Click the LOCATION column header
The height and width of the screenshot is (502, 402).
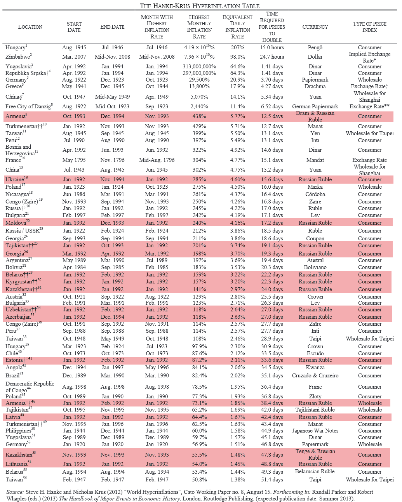pos(30,27)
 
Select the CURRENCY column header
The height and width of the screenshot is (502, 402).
pos(315,27)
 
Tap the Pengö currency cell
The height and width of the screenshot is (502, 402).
pos(315,47)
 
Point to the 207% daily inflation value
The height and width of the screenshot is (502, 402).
pos(237,47)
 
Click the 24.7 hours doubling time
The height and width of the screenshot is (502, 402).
pos(272,57)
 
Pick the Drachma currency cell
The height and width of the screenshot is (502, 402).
pos(315,86)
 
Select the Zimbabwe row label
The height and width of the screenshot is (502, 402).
pos(18,57)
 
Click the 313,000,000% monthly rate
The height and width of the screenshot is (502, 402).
pos(199,66)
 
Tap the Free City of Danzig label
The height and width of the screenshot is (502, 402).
pos(28,106)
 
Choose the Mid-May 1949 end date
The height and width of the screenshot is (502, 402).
pos(112,97)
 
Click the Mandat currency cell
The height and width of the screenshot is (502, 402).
pos(315,160)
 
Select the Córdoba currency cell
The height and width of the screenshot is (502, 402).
pos(315,194)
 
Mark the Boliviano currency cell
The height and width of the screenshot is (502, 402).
pos(315,267)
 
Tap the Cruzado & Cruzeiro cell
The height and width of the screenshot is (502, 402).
pos(315,375)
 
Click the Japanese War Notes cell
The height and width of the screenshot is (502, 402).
pos(315,431)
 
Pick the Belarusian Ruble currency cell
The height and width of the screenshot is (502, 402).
pos(315,472)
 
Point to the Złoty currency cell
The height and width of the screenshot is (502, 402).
pos(315,396)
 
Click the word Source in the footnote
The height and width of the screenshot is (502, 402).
pos(15,492)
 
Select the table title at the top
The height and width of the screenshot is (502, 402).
pos(200,6)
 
